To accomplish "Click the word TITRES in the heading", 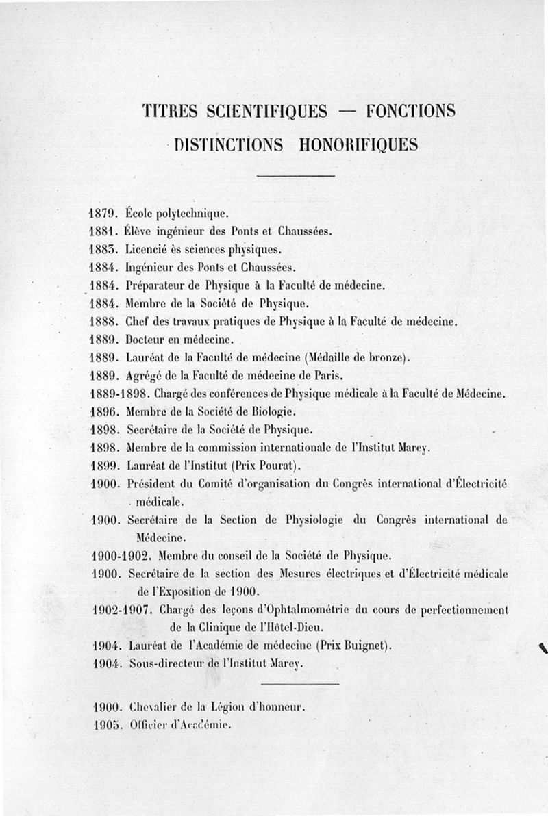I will (x=166, y=111).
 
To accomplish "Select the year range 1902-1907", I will (x=124, y=609).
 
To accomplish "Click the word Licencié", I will (x=151, y=248).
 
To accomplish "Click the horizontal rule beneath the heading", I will (x=296, y=177).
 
